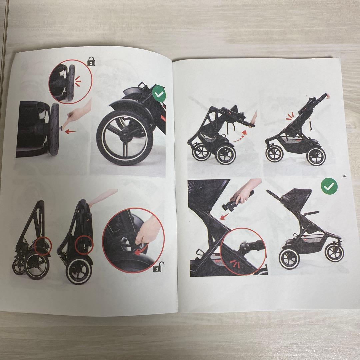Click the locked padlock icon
point(91,61)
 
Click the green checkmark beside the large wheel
point(159,94)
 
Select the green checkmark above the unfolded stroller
point(329,186)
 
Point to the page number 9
point(344,176)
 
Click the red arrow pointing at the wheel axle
point(70,132)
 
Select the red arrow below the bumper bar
point(225,216)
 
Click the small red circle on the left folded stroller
point(43,246)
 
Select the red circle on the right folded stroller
point(84,245)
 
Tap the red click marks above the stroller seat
point(290,116)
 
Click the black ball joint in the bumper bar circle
point(244,247)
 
